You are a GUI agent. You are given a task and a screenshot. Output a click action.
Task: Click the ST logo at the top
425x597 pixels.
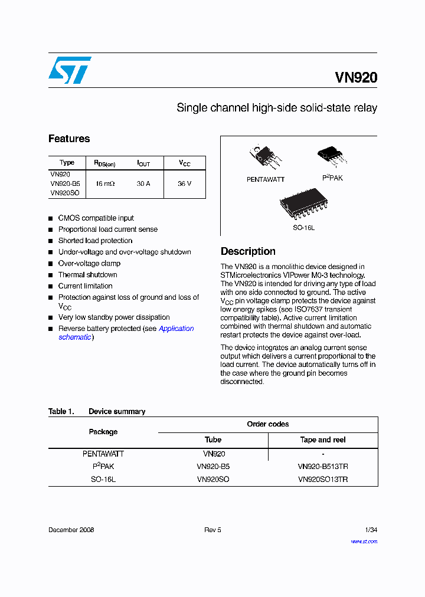coord(70,70)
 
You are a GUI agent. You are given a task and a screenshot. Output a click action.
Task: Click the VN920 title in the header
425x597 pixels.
coord(356,78)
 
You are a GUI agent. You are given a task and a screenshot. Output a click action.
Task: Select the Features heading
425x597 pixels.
coord(69,139)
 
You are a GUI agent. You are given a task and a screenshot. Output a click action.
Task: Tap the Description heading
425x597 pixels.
coord(248,251)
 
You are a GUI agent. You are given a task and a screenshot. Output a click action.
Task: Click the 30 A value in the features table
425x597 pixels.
coord(143,183)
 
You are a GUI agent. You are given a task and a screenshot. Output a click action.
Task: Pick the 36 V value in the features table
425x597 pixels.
coord(185,183)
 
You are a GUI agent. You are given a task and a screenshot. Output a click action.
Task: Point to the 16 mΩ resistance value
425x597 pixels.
coord(105,183)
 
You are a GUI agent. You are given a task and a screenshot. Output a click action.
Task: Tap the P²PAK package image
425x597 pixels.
coord(332,156)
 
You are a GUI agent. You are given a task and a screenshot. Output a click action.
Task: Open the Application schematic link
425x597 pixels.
coord(176,329)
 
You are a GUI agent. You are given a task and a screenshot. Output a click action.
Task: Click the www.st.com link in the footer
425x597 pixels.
coord(364,541)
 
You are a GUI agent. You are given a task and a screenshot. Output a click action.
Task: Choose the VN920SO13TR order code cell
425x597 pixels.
coord(323,480)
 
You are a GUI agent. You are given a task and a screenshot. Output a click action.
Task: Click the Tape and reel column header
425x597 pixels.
coord(323,440)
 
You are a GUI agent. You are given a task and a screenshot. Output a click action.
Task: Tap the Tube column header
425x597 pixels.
coord(213,440)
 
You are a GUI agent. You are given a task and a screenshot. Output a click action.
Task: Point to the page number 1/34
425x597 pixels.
coord(371,530)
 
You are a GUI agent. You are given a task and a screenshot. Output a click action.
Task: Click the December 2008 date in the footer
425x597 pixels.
coord(71,530)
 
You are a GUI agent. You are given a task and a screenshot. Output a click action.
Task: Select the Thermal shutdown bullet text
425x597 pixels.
coord(87,275)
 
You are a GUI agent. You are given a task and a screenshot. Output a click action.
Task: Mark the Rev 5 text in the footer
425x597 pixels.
coord(212,530)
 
